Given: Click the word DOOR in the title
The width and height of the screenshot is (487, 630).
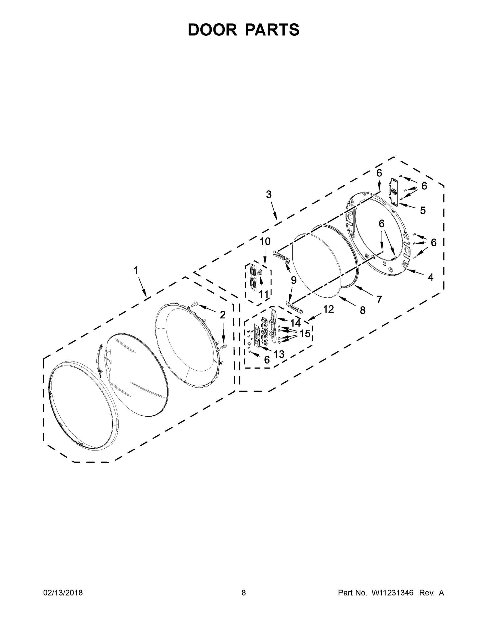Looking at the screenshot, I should tap(212, 30).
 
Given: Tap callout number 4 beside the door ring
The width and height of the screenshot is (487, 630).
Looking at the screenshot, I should tap(430, 277).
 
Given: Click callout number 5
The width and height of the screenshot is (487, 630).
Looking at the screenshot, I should tap(422, 210).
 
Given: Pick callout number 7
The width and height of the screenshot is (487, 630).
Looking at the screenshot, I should tap(379, 300).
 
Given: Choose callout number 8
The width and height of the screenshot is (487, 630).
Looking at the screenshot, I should tap(362, 310).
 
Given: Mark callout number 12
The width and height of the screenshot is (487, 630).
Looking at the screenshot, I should tap(328, 309).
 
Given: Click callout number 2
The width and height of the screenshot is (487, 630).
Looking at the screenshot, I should tap(222, 315).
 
